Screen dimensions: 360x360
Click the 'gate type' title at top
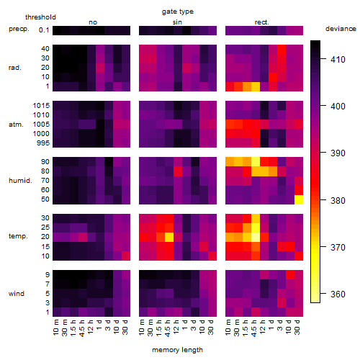(178, 12)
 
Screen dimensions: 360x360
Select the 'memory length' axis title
(177, 350)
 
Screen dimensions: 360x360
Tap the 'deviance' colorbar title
(341, 29)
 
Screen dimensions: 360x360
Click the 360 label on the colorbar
(338, 294)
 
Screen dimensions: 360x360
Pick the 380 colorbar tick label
(338, 200)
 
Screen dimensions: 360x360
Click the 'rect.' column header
(262, 22)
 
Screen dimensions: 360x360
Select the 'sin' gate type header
(177, 22)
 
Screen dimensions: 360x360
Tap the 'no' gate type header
(93, 22)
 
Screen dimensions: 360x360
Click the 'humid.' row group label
(20, 181)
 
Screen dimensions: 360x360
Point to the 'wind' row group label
(17, 294)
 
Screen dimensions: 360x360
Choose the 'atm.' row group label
(16, 125)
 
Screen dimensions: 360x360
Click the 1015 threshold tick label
(41, 106)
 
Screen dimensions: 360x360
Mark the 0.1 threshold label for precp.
(44, 30)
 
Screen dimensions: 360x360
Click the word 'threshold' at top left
(40, 17)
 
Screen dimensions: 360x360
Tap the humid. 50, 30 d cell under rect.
(299, 199)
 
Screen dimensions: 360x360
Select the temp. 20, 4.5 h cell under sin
(169, 237)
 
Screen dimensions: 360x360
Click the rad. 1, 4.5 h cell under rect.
(256, 86)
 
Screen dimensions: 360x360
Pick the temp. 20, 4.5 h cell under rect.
(256, 237)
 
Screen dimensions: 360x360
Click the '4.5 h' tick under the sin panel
(168, 328)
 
